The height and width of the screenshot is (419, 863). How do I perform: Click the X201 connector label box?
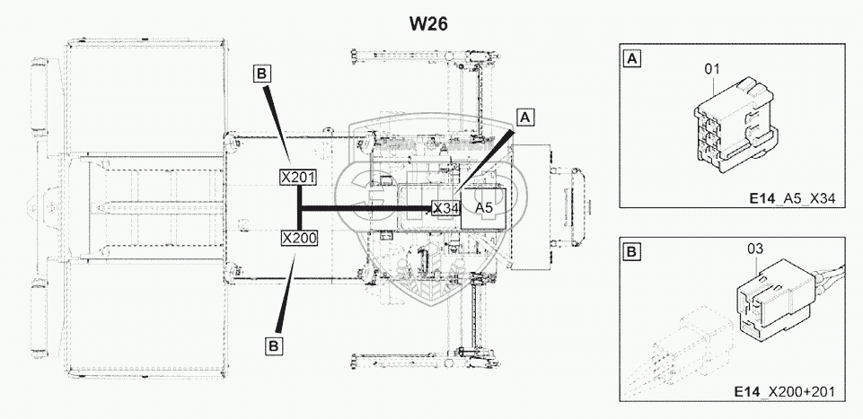pos(297,178)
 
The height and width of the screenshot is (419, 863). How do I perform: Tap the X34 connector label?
pos(445,208)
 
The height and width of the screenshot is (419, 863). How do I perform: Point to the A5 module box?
pos(485,208)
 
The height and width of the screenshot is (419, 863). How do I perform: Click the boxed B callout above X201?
pos(262,74)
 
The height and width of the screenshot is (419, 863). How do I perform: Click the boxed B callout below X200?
pos(274,345)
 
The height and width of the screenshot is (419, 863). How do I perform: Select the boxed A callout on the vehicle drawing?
pos(525,118)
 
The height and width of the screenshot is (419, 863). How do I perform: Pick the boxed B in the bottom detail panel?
pos(633,253)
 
